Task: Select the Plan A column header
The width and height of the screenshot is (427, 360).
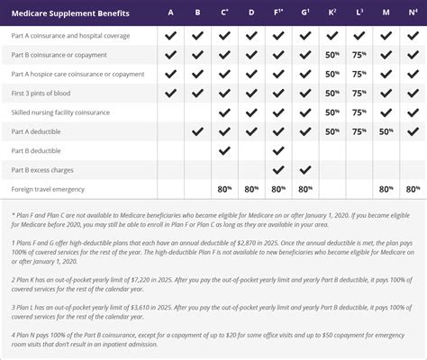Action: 171,13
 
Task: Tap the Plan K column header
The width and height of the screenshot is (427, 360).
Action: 332,13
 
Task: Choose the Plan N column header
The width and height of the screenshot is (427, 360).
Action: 412,13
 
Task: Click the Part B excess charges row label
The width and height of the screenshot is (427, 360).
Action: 42,169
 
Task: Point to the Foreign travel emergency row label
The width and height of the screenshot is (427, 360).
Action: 49,189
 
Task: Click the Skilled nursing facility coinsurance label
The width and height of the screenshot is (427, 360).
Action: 60,112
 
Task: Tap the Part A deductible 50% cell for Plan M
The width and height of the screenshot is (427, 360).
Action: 386,131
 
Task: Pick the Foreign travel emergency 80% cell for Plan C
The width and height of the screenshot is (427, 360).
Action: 224,189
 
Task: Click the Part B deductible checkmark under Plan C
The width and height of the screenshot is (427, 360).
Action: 224,150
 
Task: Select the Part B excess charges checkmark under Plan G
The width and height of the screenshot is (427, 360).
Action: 304,169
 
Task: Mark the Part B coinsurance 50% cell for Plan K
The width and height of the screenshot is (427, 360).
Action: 332,54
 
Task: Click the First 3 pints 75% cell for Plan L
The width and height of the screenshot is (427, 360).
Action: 359,93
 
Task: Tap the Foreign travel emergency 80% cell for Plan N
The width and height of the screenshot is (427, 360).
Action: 413,189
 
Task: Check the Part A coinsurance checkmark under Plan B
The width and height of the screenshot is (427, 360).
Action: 198,35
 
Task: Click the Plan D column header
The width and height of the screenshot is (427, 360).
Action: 251,13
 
